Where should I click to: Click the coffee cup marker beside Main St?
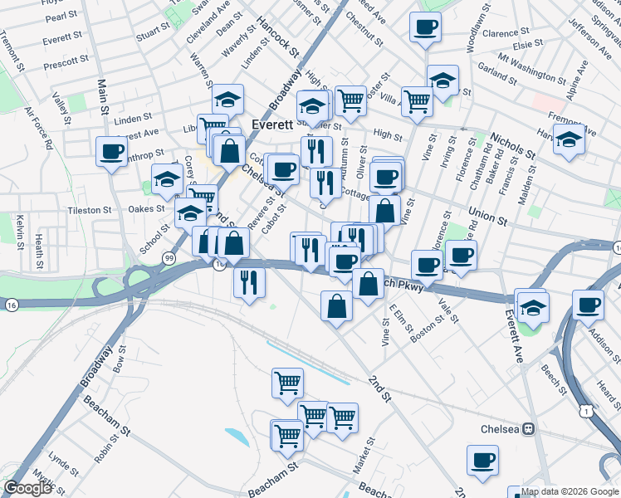(112, 152)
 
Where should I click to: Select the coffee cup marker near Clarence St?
(424, 27)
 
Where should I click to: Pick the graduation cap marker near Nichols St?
(569, 139)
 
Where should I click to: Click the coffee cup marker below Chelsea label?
(482, 459)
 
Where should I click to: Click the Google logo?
(27, 488)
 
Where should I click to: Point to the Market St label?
(364, 457)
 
